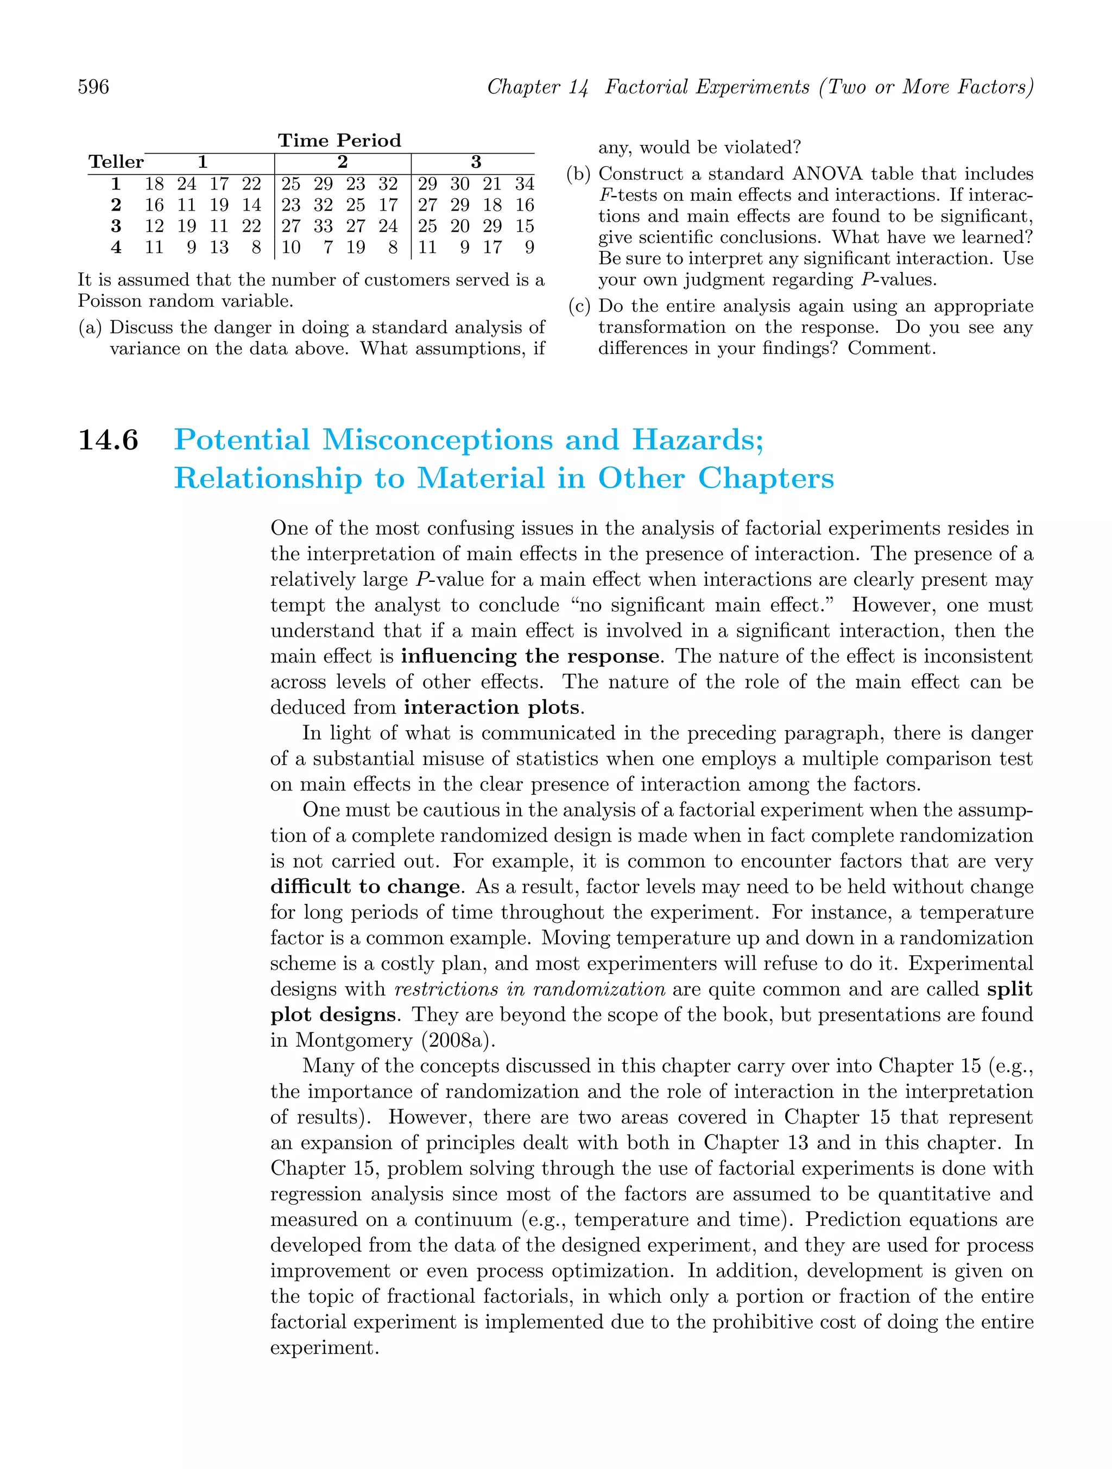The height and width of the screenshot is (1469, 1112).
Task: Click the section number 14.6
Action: tap(108, 440)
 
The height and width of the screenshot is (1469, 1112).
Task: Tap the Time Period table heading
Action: tap(339, 141)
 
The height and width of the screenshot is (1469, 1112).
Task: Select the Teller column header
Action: tap(116, 162)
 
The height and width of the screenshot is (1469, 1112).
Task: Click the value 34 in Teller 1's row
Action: tap(525, 184)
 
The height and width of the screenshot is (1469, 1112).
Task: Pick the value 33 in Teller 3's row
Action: tap(324, 226)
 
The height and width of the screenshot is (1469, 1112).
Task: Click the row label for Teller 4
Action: tap(116, 248)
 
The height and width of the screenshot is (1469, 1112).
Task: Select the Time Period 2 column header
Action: tap(342, 162)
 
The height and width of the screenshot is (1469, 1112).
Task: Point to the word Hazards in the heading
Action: tap(698, 440)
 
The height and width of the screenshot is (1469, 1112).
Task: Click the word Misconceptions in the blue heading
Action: tap(438, 440)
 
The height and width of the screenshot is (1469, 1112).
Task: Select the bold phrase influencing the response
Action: tap(530, 656)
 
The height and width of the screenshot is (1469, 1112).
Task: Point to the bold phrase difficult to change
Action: tap(365, 887)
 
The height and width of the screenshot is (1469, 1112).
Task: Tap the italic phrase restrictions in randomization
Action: tap(529, 989)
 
